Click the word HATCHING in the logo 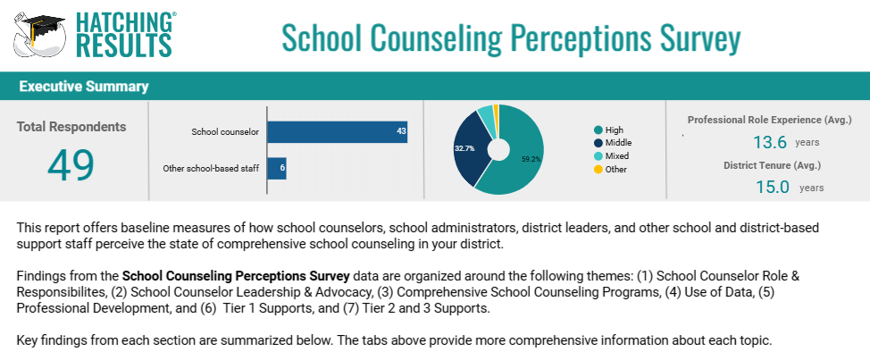point(123,22)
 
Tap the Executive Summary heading point(84,87)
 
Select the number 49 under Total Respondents point(71,166)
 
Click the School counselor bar point(338,132)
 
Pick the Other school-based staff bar point(277,169)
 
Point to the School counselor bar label point(225,132)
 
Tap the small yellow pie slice point(496,114)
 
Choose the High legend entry point(608,130)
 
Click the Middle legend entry point(613,143)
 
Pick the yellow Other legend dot point(598,169)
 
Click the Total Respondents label point(71,127)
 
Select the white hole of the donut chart point(498,149)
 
